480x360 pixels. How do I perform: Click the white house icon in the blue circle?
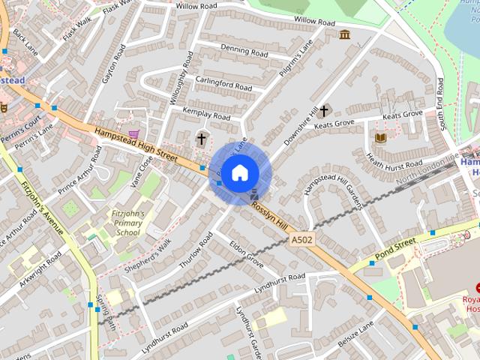[239, 173]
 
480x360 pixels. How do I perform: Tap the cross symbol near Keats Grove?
[324, 111]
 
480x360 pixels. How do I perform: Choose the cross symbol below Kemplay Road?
[201, 139]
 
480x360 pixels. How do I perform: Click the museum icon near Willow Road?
[344, 34]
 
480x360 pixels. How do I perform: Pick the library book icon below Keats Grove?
[380, 137]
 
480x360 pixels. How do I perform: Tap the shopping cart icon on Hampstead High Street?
[133, 134]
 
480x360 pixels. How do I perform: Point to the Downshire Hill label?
[302, 125]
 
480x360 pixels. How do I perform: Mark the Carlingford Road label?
[223, 83]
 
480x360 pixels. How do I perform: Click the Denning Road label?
[244, 52]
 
